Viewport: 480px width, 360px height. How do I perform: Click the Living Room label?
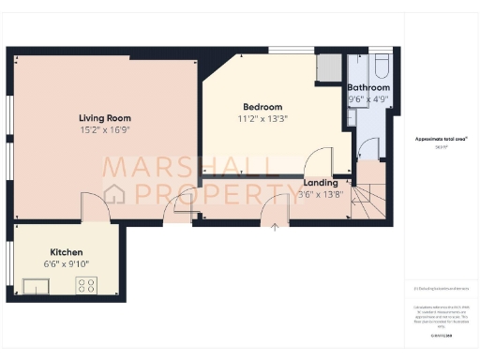click(104, 118)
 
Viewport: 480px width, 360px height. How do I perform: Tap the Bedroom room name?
click(256, 107)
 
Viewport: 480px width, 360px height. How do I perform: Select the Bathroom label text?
click(368, 87)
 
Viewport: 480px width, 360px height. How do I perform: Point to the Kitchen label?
click(67, 252)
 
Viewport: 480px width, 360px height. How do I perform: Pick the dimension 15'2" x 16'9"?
click(104, 130)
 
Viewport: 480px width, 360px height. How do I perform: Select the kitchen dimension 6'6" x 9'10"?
click(67, 263)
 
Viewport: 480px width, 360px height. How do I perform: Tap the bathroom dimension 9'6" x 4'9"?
click(367, 98)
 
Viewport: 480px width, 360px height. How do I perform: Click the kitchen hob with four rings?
click(87, 285)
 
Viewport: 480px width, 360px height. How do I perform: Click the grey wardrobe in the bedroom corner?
click(329, 67)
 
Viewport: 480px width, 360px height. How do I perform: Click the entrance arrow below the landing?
click(275, 226)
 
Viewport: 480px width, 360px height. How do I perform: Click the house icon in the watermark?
click(117, 194)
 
